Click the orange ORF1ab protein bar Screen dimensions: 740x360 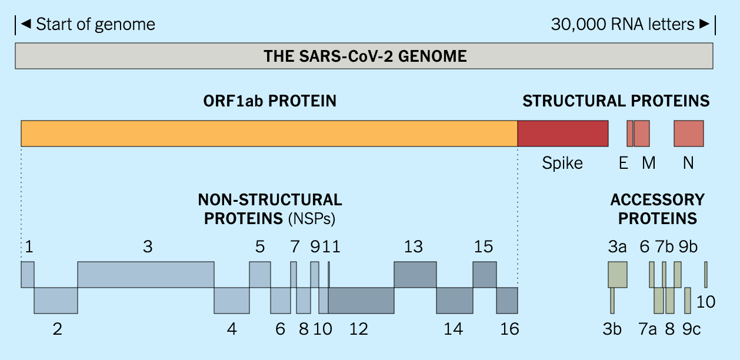click(269, 134)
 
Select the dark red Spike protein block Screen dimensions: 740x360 click(563, 134)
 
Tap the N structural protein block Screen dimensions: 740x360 click(689, 134)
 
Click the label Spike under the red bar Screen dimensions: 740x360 click(562, 163)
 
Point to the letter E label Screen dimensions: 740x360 click(624, 163)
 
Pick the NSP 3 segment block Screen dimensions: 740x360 click(146, 275)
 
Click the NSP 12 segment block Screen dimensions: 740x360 click(361, 301)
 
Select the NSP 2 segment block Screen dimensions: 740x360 click(56, 301)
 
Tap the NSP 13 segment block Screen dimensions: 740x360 click(415, 275)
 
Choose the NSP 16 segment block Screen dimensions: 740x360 click(507, 301)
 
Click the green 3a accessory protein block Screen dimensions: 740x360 click(618, 275)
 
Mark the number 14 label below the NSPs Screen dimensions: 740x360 click(454, 329)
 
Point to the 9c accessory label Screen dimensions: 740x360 click(691, 329)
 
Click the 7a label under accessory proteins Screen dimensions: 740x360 click(648, 329)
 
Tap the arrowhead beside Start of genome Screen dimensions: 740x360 click(26, 24)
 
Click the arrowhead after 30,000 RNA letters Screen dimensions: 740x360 click(704, 24)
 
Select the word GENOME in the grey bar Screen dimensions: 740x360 click(432, 56)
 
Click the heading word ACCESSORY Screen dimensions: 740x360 click(658, 200)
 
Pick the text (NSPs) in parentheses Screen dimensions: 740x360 click(312, 219)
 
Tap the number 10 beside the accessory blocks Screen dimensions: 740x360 click(706, 302)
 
